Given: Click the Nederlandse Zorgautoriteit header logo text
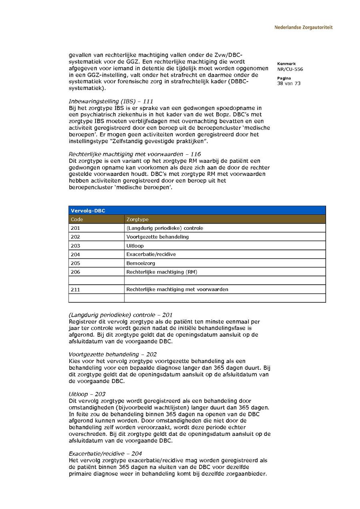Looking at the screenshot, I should [303, 28].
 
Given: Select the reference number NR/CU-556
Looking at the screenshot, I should [290, 69].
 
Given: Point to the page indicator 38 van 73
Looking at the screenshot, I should [289, 84].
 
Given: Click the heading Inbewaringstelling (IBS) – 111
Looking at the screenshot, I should [111, 102].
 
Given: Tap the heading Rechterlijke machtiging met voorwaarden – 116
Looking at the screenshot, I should [135, 154].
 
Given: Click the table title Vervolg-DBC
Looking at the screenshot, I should [88, 211].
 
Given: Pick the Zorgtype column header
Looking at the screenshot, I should [138, 220].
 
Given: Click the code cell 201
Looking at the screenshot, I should [75, 228].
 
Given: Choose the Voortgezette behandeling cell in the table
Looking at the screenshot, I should [158, 237].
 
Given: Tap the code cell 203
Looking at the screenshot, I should [75, 246].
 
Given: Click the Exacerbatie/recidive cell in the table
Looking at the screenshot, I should [151, 254].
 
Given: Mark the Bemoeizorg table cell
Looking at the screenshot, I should [141, 263].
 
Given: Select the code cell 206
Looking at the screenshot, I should [75, 272].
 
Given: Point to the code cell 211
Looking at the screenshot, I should [75, 289].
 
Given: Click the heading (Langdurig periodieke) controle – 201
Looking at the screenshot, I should [121, 315].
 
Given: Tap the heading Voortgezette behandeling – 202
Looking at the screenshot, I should [113, 354].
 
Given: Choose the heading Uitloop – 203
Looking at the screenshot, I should [87, 394].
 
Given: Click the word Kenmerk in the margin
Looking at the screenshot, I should [286, 64].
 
